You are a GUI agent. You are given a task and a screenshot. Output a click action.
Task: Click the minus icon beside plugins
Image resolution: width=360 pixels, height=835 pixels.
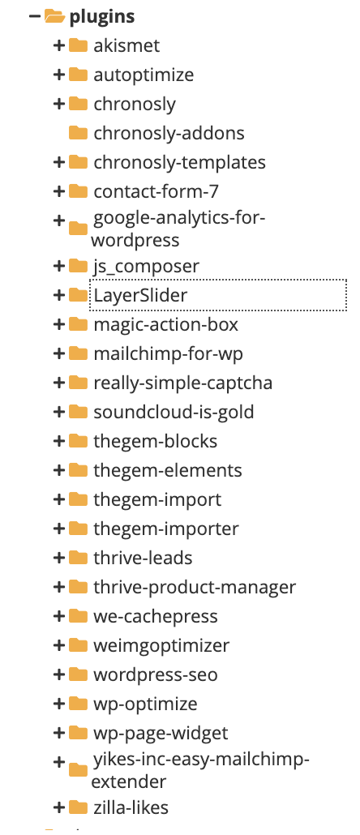(x=35, y=16)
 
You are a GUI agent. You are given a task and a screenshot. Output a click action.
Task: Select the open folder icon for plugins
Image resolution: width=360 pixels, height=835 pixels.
(x=54, y=16)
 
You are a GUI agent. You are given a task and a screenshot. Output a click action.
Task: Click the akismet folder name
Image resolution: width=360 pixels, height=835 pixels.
(x=126, y=45)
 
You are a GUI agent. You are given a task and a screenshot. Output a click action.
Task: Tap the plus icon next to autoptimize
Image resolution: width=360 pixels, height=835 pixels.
(x=59, y=75)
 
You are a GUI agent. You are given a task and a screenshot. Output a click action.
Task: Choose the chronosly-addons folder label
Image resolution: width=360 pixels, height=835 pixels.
(x=169, y=133)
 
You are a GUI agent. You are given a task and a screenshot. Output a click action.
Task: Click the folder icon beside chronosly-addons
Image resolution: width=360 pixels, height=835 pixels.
(x=79, y=133)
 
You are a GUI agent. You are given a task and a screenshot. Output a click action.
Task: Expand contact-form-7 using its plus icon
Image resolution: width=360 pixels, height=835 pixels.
(x=59, y=191)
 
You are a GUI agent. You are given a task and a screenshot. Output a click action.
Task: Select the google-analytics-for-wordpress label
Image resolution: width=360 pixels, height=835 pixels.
(x=178, y=229)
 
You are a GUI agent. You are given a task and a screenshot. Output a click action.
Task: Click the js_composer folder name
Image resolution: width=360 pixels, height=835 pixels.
(x=147, y=266)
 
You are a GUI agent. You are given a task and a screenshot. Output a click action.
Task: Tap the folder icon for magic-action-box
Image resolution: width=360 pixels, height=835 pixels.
(x=79, y=323)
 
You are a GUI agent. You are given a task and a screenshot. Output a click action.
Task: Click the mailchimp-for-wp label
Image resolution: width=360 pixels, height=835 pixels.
(x=169, y=353)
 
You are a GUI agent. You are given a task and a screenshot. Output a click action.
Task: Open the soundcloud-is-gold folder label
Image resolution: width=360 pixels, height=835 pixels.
(x=174, y=412)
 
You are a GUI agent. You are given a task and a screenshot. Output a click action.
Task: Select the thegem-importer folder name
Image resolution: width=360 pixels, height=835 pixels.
(x=166, y=529)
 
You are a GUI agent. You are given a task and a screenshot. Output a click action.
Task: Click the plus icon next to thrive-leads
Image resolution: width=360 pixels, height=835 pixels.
(x=59, y=558)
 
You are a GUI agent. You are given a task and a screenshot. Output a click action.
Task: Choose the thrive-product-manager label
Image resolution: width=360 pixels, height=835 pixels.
(x=195, y=588)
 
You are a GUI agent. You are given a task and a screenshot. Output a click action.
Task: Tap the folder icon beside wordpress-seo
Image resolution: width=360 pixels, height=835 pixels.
(x=79, y=674)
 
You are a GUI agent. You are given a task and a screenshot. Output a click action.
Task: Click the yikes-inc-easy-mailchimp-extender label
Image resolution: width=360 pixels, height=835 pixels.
(x=200, y=770)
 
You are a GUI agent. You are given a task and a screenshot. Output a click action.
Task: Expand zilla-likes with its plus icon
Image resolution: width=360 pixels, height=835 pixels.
(x=59, y=807)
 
